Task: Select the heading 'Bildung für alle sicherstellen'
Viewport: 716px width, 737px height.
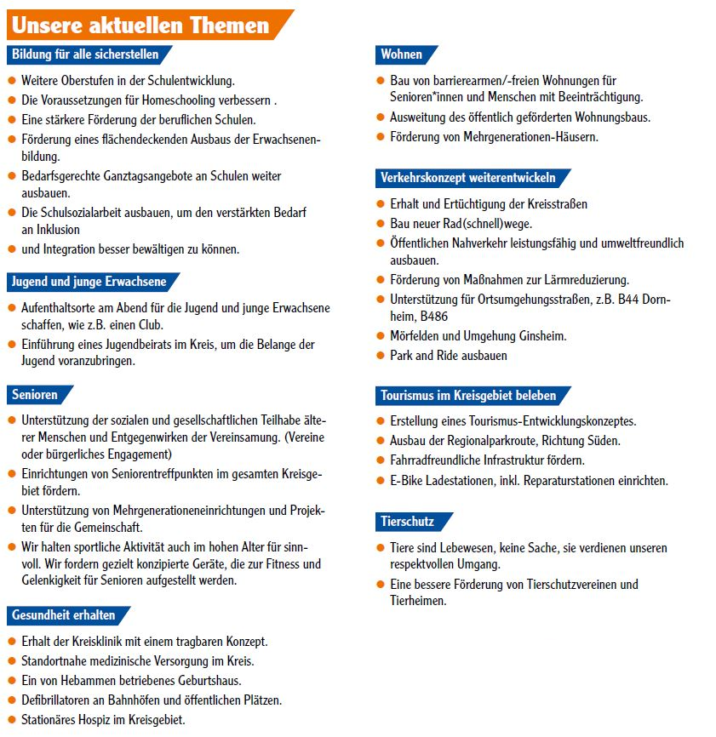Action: pos(85,54)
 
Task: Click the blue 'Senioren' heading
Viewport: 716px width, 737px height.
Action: pos(36,395)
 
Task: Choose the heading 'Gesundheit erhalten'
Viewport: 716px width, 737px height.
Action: pos(64,614)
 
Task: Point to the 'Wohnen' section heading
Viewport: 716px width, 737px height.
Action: pos(402,54)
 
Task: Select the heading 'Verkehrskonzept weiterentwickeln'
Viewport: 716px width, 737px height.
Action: pos(468,178)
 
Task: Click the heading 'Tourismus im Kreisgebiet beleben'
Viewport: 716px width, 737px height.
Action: pos(468,395)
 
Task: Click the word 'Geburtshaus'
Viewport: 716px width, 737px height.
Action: pos(209,680)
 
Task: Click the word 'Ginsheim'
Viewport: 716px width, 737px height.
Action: pos(541,336)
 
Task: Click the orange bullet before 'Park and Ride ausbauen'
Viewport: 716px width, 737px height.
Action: pos(381,355)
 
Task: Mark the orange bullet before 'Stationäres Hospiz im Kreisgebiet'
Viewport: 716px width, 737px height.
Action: pos(12,719)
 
